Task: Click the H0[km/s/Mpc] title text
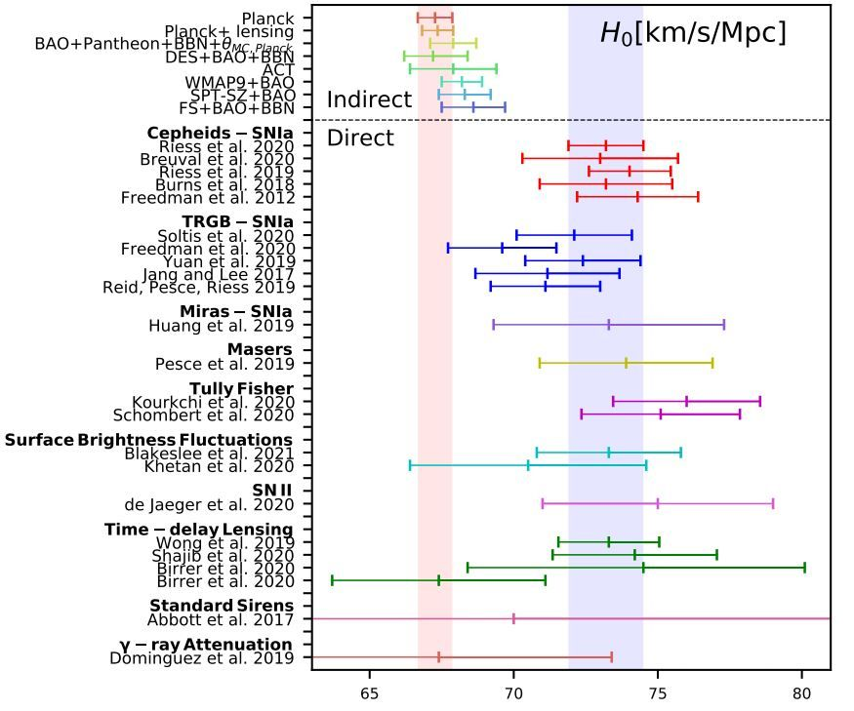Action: pyautogui.click(x=692, y=33)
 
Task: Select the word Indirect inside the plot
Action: pyautogui.click(x=369, y=99)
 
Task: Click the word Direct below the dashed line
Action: pyautogui.click(x=360, y=138)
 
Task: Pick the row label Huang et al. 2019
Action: pyautogui.click(x=222, y=326)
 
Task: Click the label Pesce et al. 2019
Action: pyautogui.click(x=224, y=364)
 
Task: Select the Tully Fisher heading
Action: pyautogui.click(x=241, y=389)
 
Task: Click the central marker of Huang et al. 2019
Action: pyautogui.click(x=609, y=324)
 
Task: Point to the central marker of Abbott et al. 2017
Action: pyautogui.click(x=513, y=618)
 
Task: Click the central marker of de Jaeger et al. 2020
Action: pyautogui.click(x=658, y=504)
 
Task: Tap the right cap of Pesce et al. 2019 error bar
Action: pyautogui.click(x=712, y=363)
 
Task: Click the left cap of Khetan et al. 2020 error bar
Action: pyautogui.click(x=410, y=465)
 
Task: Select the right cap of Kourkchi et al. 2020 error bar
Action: pyautogui.click(x=759, y=401)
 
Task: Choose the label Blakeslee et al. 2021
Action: pyautogui.click(x=210, y=454)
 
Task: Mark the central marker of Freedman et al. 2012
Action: pyautogui.click(x=638, y=197)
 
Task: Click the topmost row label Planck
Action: pyautogui.click(x=267, y=19)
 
